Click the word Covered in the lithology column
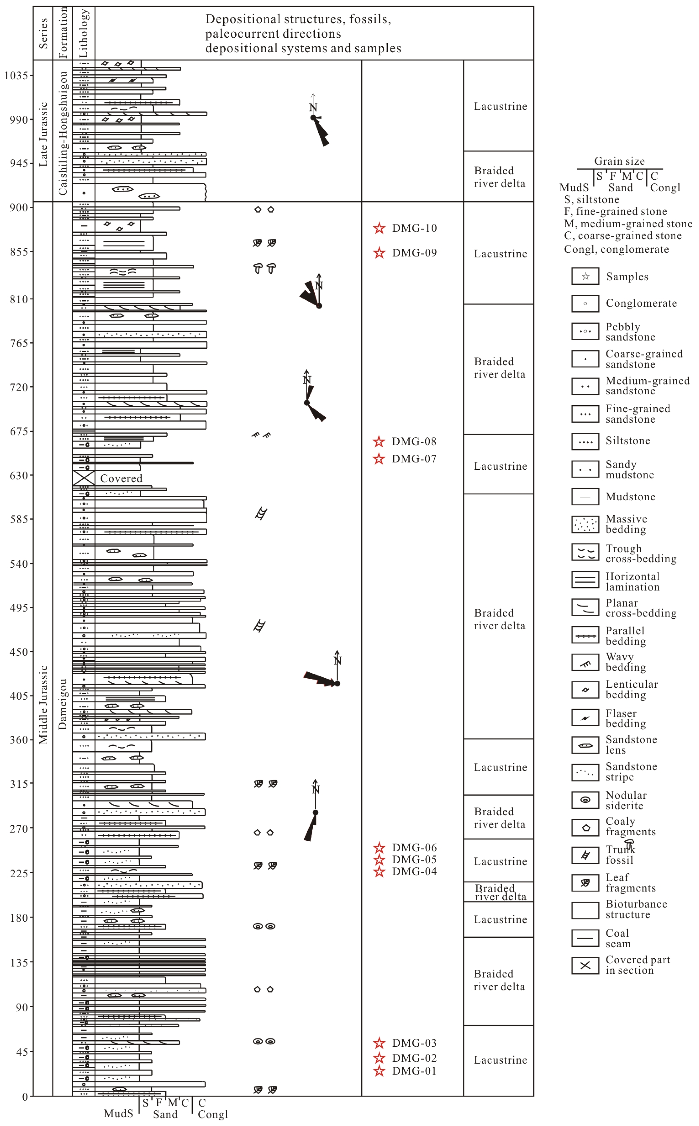[x=121, y=478]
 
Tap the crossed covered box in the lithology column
[x=84, y=478]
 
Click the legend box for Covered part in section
[x=585, y=966]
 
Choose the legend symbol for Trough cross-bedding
[x=585, y=553]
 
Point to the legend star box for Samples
[x=585, y=276]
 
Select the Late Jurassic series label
[x=43, y=134]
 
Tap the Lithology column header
[x=84, y=33]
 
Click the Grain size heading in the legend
[x=620, y=161]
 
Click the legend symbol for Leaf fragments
[x=585, y=883]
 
